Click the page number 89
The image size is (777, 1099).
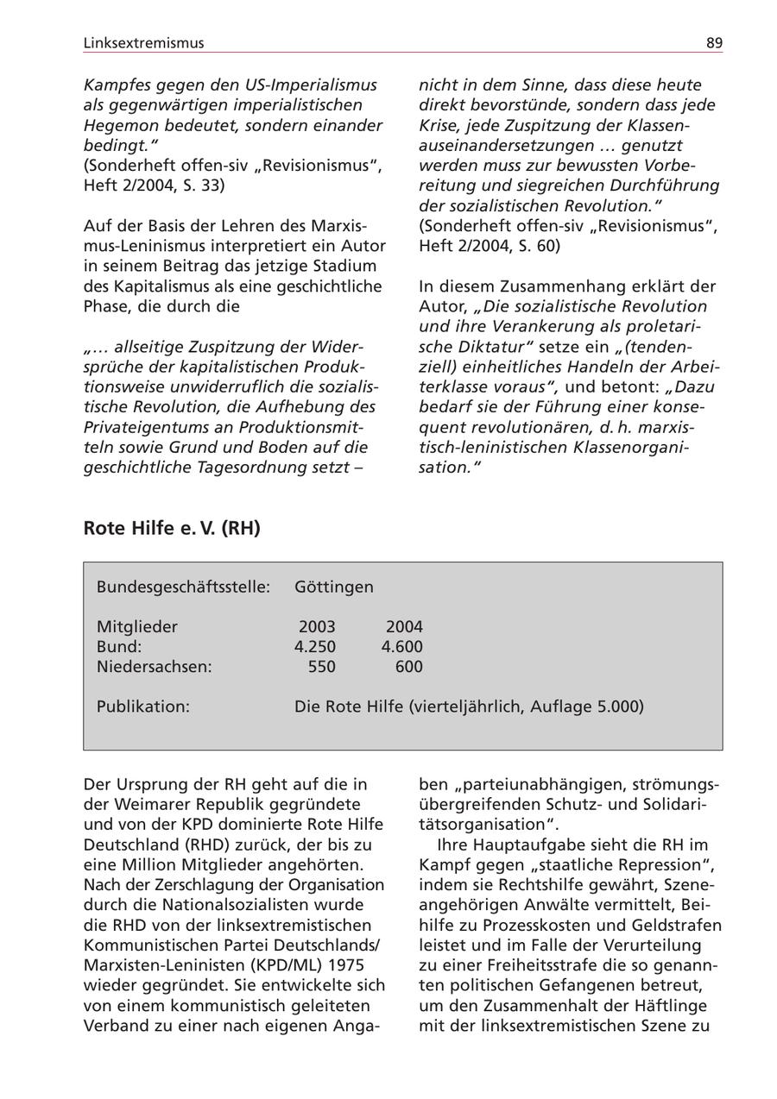pyautogui.click(x=714, y=43)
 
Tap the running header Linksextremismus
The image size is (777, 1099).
pyautogui.click(x=144, y=43)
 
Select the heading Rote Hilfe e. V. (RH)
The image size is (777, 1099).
pyautogui.click(x=172, y=528)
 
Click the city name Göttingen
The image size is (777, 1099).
pyautogui.click(x=334, y=587)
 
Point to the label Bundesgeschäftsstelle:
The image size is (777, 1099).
pyautogui.click(x=183, y=587)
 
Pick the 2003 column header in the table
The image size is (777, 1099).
pyautogui.click(x=317, y=627)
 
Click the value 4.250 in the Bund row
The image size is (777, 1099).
pyautogui.click(x=315, y=647)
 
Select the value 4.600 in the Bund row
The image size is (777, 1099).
pyautogui.click(x=402, y=647)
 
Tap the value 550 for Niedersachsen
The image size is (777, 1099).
pyautogui.click(x=322, y=667)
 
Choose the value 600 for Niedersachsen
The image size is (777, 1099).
pyautogui.click(x=409, y=667)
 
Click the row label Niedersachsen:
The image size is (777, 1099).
pyautogui.click(x=155, y=667)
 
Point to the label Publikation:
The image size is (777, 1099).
pyautogui.click(x=143, y=706)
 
